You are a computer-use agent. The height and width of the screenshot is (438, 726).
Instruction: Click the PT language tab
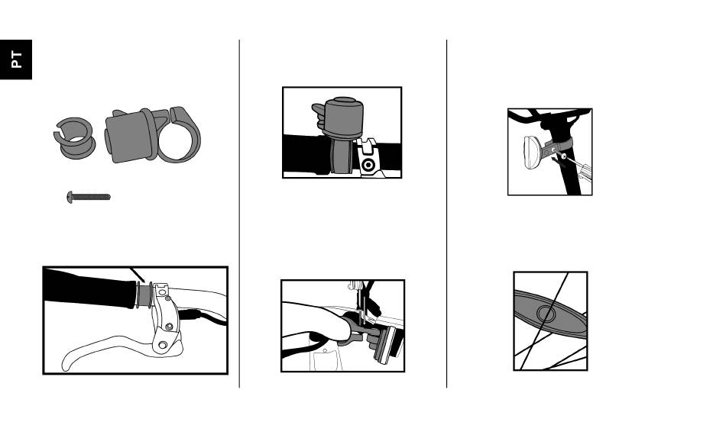16,60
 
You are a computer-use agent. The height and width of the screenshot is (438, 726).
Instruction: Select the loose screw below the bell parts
89,197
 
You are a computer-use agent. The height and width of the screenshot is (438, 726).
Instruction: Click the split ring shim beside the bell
74,138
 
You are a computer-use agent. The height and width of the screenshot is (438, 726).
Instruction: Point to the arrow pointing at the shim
137,275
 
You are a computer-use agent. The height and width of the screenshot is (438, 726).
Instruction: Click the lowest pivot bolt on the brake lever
163,345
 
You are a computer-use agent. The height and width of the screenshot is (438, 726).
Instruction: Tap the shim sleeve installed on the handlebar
144,295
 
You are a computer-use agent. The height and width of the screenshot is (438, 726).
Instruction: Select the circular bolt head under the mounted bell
368,165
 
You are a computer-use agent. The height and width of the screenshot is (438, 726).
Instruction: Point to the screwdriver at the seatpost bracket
575,167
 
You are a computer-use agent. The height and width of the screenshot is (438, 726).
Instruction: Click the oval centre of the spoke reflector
546,314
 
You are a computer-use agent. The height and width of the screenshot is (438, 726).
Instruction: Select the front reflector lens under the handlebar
386,345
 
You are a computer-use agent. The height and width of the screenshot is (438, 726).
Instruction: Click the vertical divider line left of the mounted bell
239,214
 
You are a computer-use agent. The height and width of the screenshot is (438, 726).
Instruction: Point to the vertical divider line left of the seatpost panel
447,214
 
